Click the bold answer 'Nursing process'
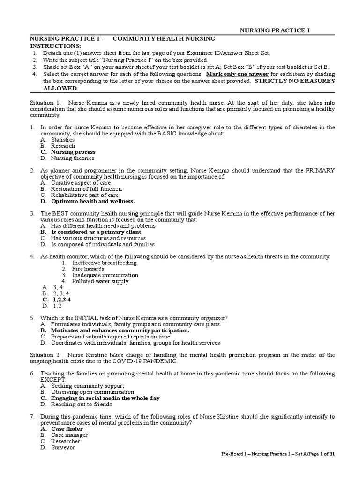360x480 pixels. pos(73,152)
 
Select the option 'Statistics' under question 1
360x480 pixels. pos(63,140)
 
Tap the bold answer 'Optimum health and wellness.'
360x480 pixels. pos(93,201)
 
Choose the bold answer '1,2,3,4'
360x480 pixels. pos(62,299)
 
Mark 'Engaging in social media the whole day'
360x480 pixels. pos(105,397)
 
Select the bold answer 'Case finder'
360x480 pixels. pos(67,428)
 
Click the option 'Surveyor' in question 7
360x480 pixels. pos(63,447)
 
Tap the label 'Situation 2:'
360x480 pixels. pos(46,355)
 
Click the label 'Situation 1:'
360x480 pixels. pos(46,102)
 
